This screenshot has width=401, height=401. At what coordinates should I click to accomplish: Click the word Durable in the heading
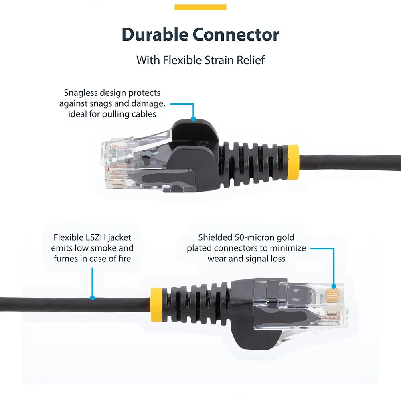tap(155, 34)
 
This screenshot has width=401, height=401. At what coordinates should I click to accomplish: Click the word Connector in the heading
tap(236, 34)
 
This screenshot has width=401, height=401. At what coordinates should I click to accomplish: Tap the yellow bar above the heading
tap(200, 7)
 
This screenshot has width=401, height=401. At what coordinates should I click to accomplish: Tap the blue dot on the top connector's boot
tap(194, 119)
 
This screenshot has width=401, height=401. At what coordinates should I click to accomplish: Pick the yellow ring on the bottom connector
tap(156, 304)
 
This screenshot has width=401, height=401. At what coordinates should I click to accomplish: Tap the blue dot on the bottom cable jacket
tap(92, 298)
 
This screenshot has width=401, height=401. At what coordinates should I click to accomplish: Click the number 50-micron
tap(253, 237)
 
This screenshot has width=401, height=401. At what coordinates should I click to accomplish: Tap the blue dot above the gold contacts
tap(334, 286)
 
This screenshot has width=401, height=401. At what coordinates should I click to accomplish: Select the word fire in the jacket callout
tap(125, 259)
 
